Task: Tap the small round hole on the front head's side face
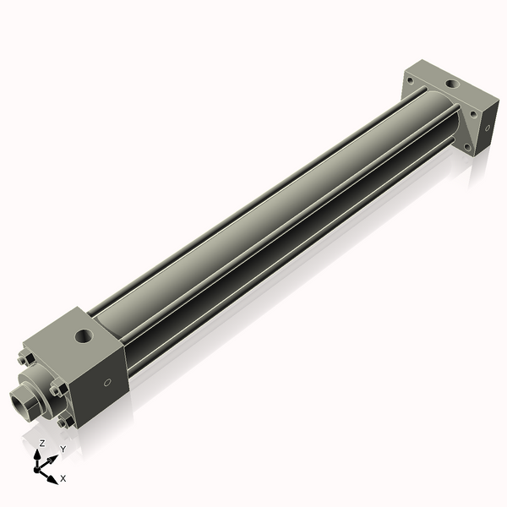tap(107, 383)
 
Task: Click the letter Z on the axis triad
tap(42, 444)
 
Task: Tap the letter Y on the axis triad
tap(63, 449)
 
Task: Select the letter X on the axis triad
tap(63, 478)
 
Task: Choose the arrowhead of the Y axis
tap(55, 457)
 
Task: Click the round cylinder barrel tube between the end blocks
tap(253, 220)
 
